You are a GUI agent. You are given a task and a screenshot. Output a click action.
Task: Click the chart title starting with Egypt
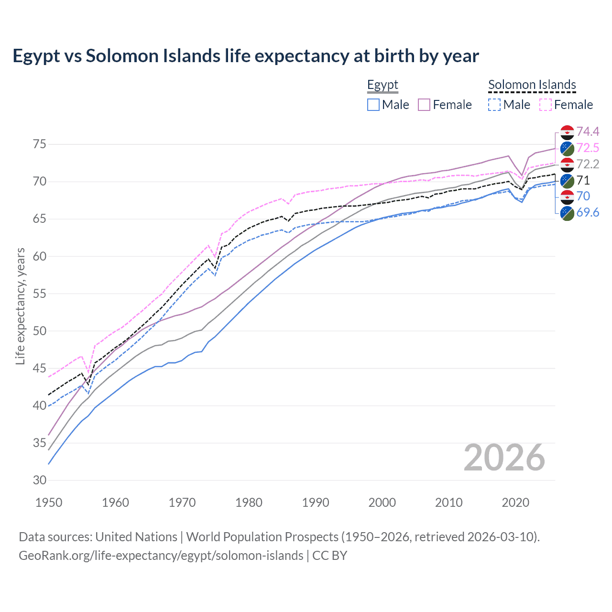246,56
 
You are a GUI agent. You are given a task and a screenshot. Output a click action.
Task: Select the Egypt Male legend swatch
373,105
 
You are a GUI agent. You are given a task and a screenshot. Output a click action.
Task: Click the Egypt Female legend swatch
424,105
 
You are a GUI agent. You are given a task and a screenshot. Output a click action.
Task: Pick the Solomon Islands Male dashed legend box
494,105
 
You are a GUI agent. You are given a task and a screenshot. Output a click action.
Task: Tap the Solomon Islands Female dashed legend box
546,105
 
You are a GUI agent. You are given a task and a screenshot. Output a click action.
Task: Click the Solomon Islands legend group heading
532,85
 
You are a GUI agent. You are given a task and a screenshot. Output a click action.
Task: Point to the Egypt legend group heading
382,85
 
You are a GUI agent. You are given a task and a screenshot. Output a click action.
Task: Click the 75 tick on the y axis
39,144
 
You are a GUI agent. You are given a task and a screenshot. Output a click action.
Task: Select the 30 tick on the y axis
39,480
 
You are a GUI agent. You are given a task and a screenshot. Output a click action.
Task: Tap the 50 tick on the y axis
39,331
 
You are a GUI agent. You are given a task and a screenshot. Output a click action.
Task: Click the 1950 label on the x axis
49,503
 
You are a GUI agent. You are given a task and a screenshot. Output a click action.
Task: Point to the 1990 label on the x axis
316,503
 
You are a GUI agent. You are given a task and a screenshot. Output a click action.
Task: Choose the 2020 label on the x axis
515,503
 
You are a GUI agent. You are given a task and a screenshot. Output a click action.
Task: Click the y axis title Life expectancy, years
20,306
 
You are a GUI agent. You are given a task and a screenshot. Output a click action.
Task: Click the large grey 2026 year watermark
504,458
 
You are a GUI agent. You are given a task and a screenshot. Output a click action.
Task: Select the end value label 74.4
588,132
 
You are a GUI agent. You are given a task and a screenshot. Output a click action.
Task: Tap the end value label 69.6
588,213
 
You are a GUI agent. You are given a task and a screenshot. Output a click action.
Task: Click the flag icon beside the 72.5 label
567,148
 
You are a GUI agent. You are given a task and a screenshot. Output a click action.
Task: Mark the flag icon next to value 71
567,181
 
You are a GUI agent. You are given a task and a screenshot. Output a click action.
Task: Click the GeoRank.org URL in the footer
161,556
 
